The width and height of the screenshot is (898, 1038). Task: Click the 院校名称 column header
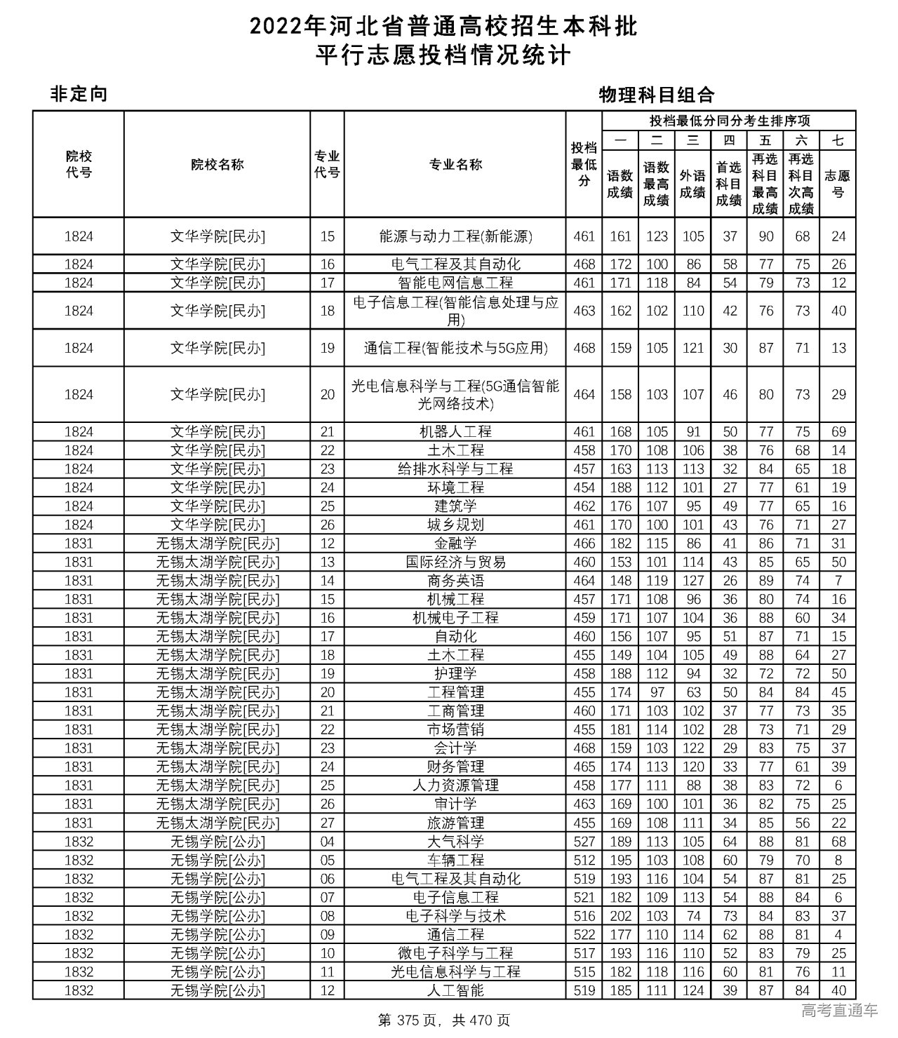coord(217,165)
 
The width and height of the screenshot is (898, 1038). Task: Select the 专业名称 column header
coord(455,165)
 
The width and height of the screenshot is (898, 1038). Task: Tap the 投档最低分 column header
coord(584,165)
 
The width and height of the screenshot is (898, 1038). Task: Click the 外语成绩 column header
coord(692,184)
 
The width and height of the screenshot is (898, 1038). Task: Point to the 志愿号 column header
coord(838,184)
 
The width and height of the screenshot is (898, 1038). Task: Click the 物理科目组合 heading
coord(656,95)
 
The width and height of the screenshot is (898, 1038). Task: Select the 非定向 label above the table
coord(79,94)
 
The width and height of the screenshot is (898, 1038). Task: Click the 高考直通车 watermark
coord(839,1011)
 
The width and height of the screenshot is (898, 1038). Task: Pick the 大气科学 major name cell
coord(455,842)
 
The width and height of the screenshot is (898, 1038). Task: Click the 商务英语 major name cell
coord(455,581)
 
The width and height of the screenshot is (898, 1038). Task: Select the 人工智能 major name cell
coord(455,990)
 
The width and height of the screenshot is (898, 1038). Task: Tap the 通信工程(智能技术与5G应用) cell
coord(455,348)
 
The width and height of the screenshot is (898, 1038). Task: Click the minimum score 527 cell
coord(584,842)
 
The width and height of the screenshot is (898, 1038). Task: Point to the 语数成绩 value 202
coord(620,916)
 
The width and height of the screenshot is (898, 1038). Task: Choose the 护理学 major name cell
coord(455,674)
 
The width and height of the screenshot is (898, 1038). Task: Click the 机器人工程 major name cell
coord(455,432)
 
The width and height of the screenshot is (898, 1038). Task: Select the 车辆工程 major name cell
coord(455,860)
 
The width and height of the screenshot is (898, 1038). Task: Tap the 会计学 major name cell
coord(455,748)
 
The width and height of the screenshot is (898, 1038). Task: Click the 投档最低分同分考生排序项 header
coord(729,121)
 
